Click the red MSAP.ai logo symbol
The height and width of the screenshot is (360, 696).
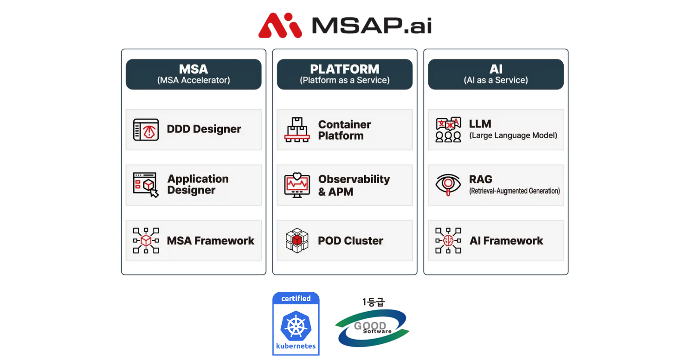tap(280, 25)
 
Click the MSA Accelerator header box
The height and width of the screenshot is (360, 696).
tap(193, 74)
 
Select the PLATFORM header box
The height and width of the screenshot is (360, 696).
tap(344, 74)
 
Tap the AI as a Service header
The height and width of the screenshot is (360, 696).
tap(496, 74)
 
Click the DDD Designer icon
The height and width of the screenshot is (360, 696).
tap(146, 130)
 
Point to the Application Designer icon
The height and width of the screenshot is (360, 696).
tap(146, 185)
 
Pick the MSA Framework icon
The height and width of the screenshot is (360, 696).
tap(146, 240)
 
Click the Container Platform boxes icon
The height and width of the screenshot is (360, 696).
tap(297, 130)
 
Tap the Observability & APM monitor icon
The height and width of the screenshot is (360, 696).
tap(297, 185)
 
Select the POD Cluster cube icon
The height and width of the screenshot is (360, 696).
tap(297, 240)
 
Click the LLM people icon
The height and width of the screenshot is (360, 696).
tap(448, 130)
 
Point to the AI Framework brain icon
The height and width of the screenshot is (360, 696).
tap(448, 240)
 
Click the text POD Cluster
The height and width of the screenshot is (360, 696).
tap(350, 241)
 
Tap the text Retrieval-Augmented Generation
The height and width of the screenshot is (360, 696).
tap(515, 191)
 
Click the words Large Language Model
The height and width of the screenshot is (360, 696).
tap(513, 135)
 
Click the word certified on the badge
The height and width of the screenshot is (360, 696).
tap(296, 299)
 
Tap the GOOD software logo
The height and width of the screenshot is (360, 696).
tap(372, 327)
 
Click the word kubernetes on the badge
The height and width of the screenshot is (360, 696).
tap(296, 346)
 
